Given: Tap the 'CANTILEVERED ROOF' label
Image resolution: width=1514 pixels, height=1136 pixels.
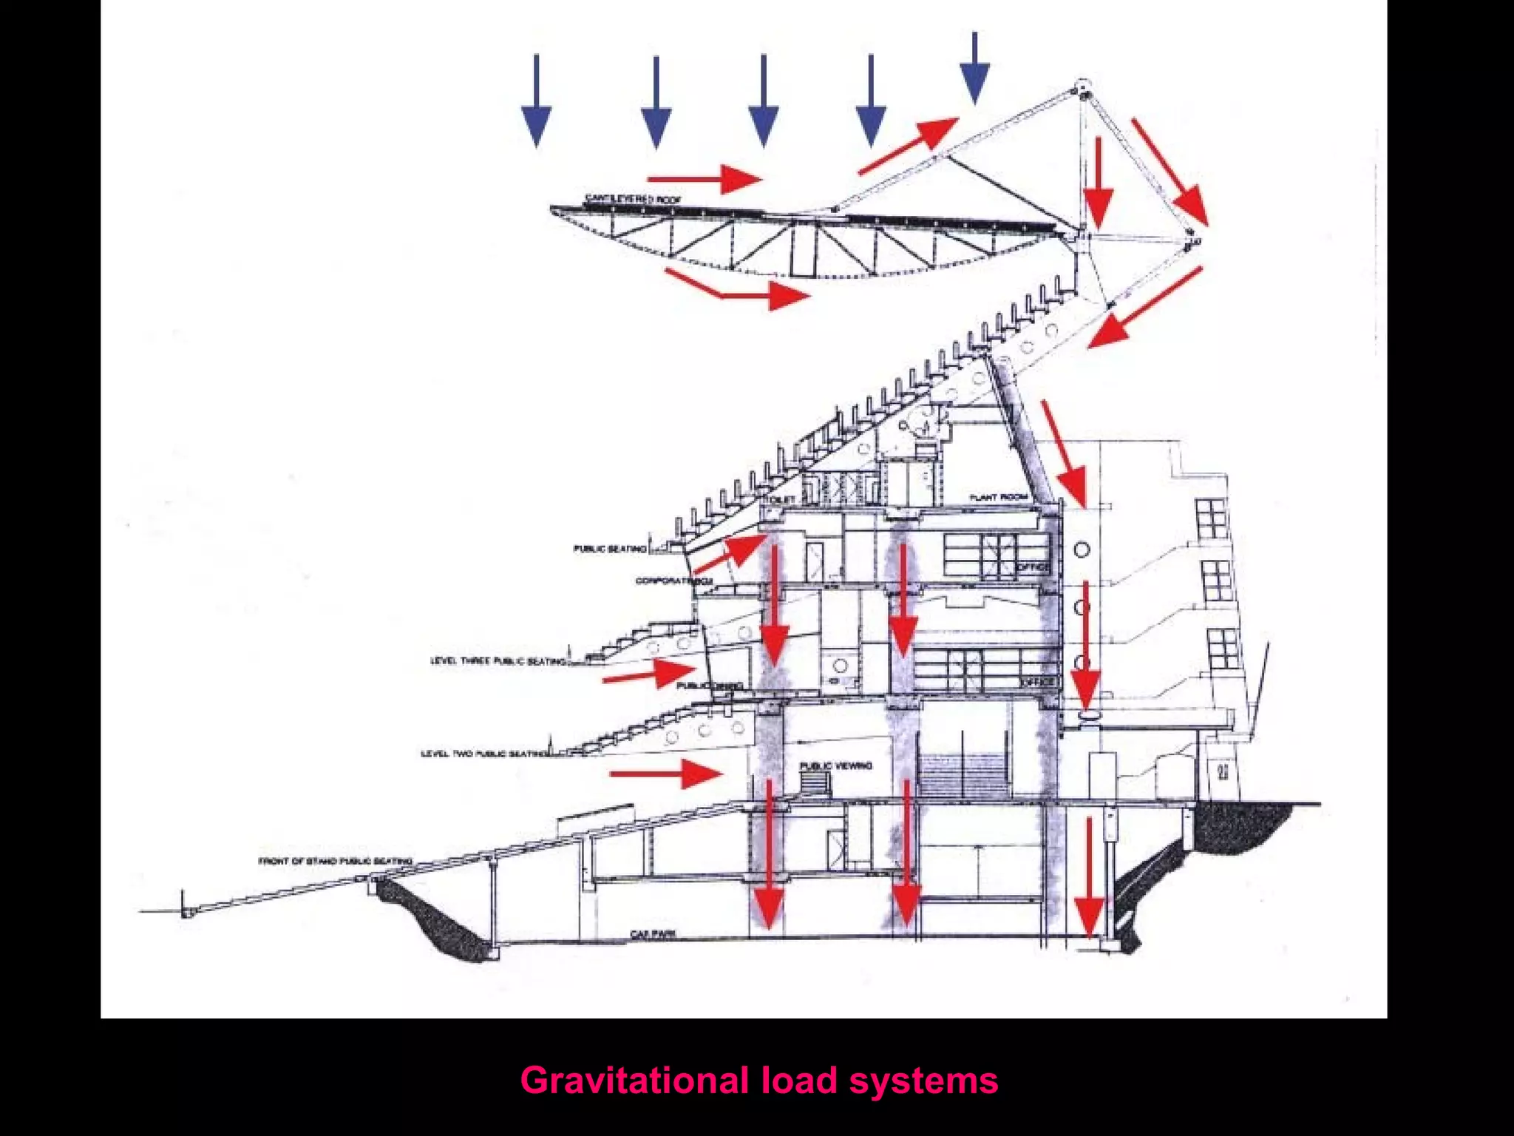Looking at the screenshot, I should [634, 199].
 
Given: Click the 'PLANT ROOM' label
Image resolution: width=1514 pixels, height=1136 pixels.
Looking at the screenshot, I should [999, 498].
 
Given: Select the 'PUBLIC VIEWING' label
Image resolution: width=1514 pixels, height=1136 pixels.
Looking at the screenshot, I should [835, 765].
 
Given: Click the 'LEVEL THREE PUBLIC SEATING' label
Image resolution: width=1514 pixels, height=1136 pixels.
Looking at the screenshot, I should [499, 660].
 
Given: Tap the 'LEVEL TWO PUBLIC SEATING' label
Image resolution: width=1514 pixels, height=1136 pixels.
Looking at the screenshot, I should [485, 754].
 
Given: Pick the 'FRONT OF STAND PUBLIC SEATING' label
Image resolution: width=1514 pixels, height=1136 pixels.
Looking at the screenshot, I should [335, 861].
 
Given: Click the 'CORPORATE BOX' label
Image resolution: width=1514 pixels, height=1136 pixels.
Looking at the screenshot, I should [673, 581].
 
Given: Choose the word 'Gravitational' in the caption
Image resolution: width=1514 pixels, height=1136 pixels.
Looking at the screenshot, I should [634, 1081].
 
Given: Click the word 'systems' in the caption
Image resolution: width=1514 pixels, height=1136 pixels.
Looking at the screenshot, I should [923, 1081].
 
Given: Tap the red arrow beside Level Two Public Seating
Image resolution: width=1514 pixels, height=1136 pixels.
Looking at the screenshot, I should [665, 774].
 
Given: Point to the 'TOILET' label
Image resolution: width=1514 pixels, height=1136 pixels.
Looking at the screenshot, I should [781, 500].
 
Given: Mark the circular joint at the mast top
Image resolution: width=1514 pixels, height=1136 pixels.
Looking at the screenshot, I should [1082, 87].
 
